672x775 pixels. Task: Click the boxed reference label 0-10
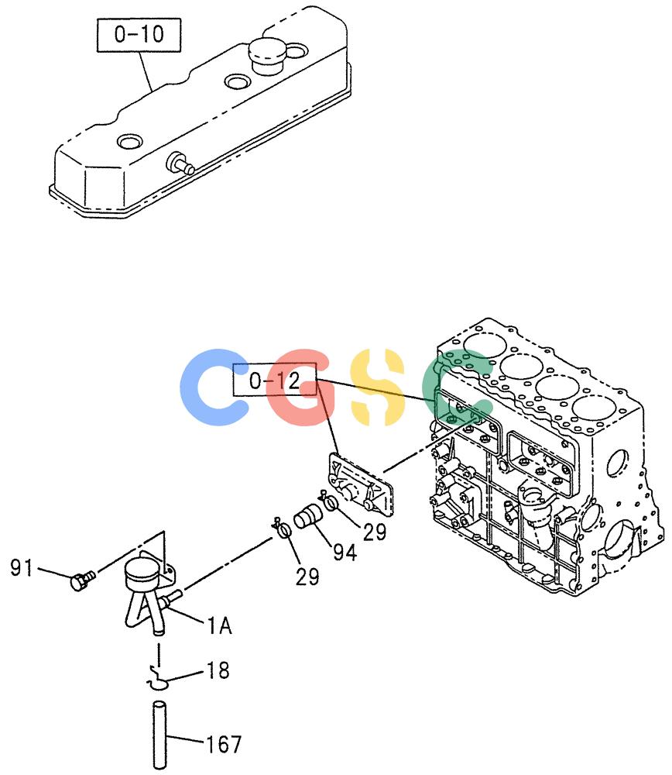click(x=139, y=35)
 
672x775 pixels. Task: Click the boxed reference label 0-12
click(x=275, y=380)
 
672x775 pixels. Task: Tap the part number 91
click(x=21, y=568)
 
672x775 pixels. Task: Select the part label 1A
click(x=219, y=625)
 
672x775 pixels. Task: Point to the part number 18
click(x=218, y=670)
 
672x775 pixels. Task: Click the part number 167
click(x=224, y=744)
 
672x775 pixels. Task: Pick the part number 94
click(x=345, y=553)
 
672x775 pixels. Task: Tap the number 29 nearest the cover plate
click(x=375, y=532)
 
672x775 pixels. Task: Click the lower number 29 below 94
click(x=307, y=577)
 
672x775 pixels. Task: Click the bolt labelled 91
click(x=82, y=579)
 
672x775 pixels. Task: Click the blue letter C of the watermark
click(x=214, y=387)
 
